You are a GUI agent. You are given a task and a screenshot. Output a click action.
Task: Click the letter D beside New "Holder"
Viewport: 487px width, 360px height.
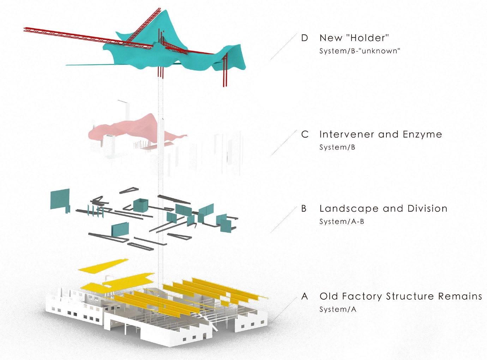(x=305, y=38)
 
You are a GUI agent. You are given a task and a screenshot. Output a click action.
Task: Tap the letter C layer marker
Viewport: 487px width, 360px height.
(x=305, y=134)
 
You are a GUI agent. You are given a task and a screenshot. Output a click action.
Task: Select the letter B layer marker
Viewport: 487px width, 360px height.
(x=304, y=209)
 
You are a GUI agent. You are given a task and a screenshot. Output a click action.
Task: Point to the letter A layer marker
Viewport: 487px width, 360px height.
(x=305, y=296)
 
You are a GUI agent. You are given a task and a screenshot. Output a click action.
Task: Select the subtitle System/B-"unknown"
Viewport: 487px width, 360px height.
(x=360, y=51)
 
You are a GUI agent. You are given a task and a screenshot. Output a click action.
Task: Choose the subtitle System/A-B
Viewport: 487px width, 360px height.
(x=341, y=222)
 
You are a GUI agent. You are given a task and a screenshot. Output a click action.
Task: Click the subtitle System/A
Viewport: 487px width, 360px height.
(x=338, y=310)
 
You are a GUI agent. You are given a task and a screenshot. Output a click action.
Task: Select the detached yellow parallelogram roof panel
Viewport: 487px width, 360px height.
(x=102, y=266)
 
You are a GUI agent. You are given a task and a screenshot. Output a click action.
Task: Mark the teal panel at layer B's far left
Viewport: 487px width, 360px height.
(x=60, y=199)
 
